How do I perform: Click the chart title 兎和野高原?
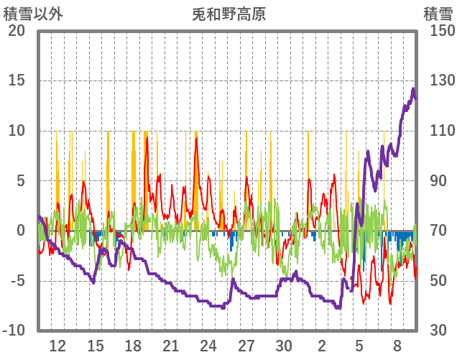pyautogui.click(x=229, y=14)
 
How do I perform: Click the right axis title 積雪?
pyautogui.click(x=437, y=14)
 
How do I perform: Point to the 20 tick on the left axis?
pyautogui.click(x=17, y=31)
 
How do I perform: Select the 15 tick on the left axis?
pyautogui.click(x=17, y=80)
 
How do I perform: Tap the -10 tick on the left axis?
pyautogui.click(x=14, y=331)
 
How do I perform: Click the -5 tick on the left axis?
pyautogui.click(x=17, y=280)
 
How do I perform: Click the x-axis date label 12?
pyautogui.click(x=57, y=346)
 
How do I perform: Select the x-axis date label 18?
pyautogui.click(x=133, y=346)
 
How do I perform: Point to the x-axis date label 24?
pyautogui.click(x=208, y=346)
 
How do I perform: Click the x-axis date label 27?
pyautogui.click(x=246, y=346)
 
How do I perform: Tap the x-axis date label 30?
pyautogui.click(x=284, y=346)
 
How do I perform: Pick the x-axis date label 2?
pyautogui.click(x=322, y=346)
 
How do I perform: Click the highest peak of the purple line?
pyautogui.click(x=413, y=89)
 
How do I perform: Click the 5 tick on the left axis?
pyautogui.click(x=20, y=180)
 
